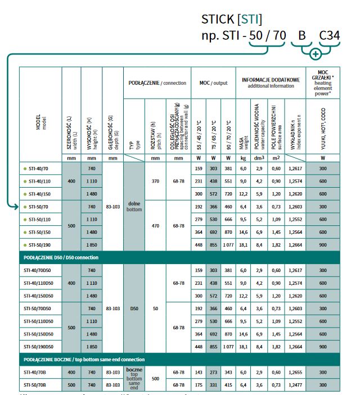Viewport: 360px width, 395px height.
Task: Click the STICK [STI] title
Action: [x=232, y=20]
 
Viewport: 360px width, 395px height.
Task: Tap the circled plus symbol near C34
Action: [x=316, y=55]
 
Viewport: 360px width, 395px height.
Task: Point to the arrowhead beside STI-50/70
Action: [x=16, y=207]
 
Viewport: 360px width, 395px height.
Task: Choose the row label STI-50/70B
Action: [x=35, y=384]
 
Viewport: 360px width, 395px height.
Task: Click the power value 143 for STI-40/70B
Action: [x=197, y=373]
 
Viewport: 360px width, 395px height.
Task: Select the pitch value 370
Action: [x=157, y=181]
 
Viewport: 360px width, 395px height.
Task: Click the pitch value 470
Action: [x=157, y=226]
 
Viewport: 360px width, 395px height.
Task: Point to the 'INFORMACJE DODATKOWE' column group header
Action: [x=271, y=83]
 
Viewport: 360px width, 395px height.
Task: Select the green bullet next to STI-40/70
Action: [x=25, y=168]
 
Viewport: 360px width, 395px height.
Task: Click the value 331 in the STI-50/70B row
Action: [x=213, y=384]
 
